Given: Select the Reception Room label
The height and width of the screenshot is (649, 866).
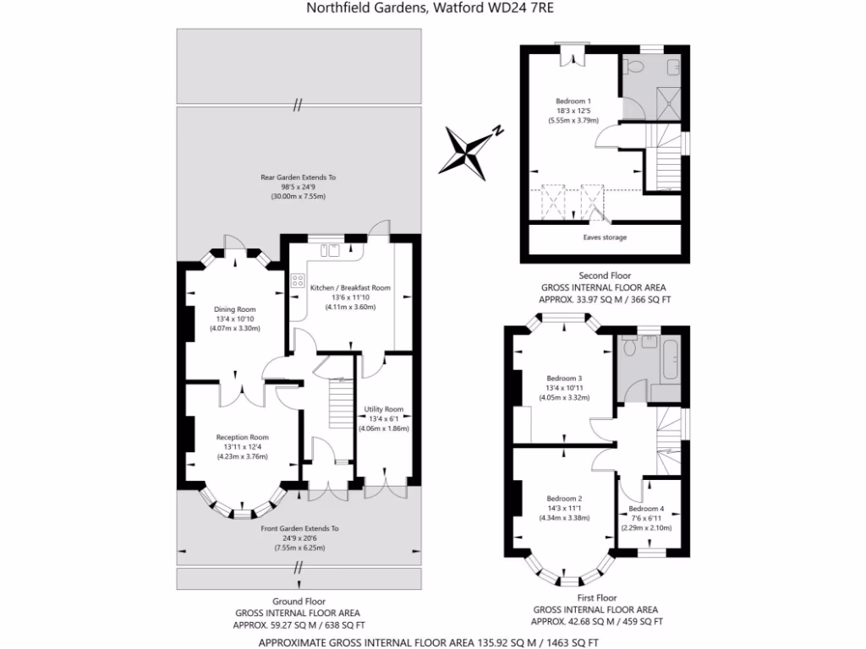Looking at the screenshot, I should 242,437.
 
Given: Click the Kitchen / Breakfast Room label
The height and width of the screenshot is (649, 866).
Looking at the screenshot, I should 350,288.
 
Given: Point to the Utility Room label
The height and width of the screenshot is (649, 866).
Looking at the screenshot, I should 384,409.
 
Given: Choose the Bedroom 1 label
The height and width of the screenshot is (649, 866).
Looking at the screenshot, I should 573,101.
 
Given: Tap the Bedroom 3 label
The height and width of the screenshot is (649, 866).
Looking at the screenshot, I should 564,378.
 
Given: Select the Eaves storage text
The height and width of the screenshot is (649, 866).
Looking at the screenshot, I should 605,237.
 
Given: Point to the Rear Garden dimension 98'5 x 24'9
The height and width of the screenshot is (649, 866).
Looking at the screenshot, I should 298,187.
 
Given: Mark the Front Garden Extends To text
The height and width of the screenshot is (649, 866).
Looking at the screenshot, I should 299,528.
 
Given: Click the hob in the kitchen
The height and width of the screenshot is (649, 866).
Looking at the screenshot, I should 297,282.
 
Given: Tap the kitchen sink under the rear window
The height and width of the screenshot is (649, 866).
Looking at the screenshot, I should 330,249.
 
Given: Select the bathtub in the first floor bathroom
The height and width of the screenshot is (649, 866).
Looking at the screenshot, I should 670,360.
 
